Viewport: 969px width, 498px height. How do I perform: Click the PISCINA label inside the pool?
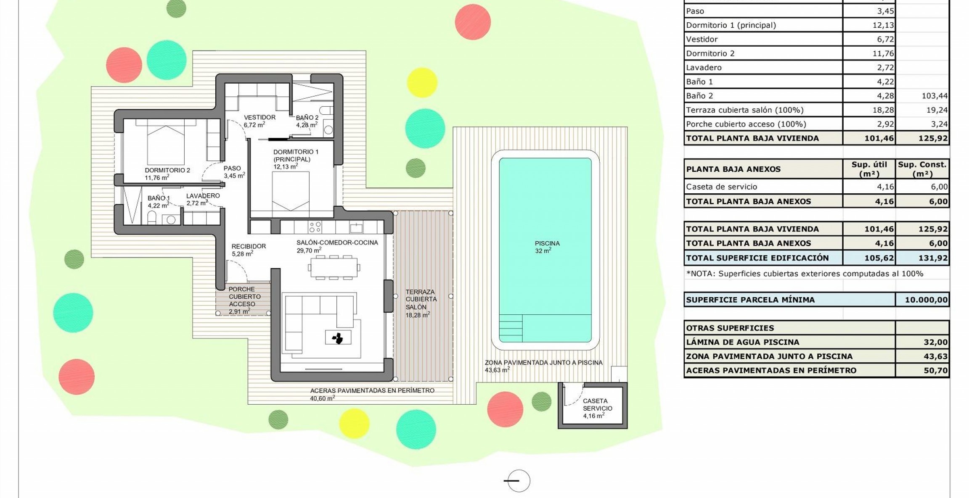[547, 243]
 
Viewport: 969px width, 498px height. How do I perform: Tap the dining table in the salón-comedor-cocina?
[334, 267]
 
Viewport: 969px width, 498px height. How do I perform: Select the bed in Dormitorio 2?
[166, 143]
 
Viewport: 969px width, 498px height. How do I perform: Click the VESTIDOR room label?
[259, 117]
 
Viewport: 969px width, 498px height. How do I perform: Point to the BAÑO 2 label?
[307, 118]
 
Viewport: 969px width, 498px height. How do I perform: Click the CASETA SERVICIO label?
[597, 405]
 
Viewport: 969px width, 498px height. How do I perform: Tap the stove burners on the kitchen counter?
[315, 227]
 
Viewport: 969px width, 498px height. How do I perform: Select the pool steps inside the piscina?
[511, 328]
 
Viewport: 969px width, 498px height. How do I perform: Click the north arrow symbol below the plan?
[518, 481]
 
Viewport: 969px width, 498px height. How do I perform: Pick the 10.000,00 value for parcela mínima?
[925, 300]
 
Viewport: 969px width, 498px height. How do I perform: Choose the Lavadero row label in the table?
[704, 68]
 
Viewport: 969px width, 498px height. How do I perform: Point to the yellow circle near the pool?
[422, 82]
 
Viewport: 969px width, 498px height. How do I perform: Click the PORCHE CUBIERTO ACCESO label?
[244, 297]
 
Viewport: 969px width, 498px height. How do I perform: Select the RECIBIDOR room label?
[249, 246]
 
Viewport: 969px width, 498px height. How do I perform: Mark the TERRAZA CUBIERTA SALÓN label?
[421, 299]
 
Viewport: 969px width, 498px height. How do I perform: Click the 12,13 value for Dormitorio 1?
[883, 25]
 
